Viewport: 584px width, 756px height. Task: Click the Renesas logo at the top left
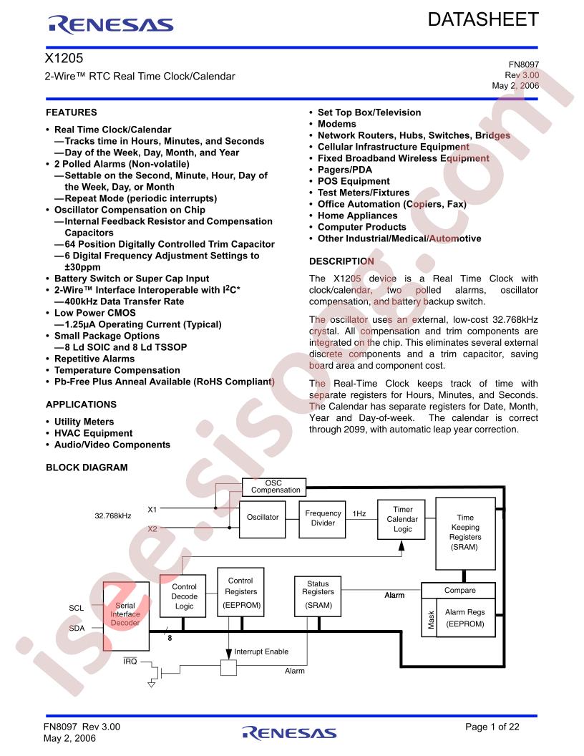tap(110, 24)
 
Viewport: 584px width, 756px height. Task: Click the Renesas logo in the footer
tap(289, 733)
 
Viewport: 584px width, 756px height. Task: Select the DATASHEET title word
tap(483, 19)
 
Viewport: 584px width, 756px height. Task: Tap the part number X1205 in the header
tap(64, 58)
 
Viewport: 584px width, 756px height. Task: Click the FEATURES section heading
tap(72, 112)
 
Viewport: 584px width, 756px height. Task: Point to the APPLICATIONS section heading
tap(81, 404)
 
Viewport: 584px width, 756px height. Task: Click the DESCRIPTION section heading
tap(341, 261)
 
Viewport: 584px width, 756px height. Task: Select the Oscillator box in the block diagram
tap(263, 519)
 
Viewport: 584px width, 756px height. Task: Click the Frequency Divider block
tap(322, 519)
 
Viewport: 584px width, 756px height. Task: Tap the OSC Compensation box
tap(273, 487)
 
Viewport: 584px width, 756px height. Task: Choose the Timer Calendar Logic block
tap(402, 519)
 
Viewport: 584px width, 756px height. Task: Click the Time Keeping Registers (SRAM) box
tap(465, 534)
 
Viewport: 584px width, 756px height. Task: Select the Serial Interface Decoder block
tap(126, 616)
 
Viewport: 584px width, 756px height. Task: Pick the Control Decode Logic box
tap(183, 596)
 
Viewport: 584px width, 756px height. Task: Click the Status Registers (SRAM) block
tap(318, 596)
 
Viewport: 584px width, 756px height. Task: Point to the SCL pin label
tap(76, 608)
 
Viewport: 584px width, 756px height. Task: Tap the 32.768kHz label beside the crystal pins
tap(113, 515)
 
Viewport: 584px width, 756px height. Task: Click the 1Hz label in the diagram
tap(359, 514)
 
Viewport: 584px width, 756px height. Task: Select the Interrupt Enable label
tap(261, 652)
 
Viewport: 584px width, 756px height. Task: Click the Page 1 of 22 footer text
tap(492, 727)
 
